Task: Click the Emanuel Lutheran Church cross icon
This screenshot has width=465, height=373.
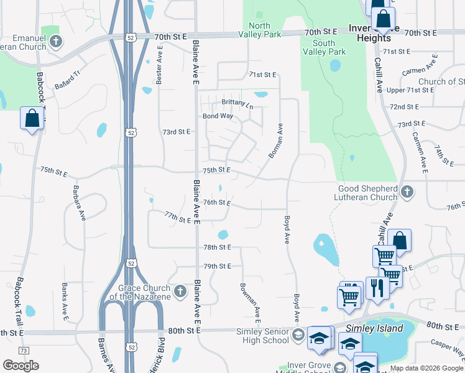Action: point(56,42)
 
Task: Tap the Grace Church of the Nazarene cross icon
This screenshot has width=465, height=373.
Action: point(180,291)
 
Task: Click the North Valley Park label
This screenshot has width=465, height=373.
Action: point(259,30)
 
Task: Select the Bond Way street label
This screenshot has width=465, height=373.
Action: point(218,116)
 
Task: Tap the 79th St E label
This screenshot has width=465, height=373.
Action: point(217,266)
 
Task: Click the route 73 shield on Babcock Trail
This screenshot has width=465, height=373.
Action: point(23,351)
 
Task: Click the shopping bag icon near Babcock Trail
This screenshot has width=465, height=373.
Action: point(31,117)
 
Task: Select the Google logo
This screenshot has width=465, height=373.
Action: point(21,366)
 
